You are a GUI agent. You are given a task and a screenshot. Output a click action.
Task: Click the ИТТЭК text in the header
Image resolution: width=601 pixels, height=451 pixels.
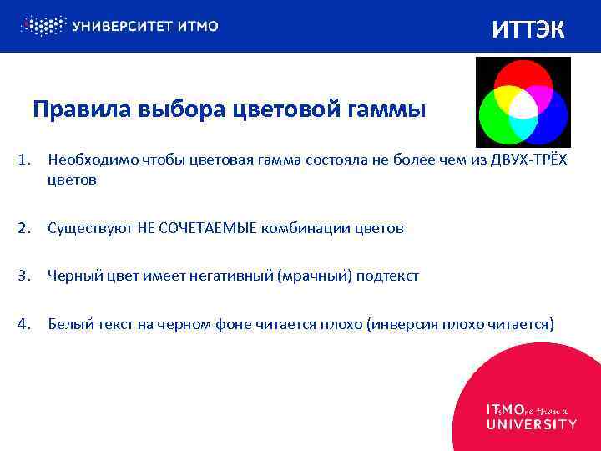[x=528, y=29]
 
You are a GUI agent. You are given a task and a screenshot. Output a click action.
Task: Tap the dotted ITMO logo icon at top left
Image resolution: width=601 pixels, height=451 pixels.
[x=43, y=25]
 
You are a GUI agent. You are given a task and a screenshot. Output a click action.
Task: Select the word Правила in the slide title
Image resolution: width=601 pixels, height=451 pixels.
[x=70, y=110]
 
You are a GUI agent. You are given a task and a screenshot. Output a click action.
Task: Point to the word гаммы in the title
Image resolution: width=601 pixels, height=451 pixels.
[x=389, y=110]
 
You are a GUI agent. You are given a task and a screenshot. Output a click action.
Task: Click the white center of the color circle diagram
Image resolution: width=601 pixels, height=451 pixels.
[x=523, y=106]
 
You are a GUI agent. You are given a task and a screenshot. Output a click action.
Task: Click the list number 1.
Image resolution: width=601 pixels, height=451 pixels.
[x=24, y=160]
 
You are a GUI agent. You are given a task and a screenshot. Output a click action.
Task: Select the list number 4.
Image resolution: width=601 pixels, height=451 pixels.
[x=24, y=323]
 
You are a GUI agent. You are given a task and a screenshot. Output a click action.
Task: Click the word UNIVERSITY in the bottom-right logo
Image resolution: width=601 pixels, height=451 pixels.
[x=531, y=424]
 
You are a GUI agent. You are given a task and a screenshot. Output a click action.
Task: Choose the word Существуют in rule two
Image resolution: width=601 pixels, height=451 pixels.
[x=85, y=228]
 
